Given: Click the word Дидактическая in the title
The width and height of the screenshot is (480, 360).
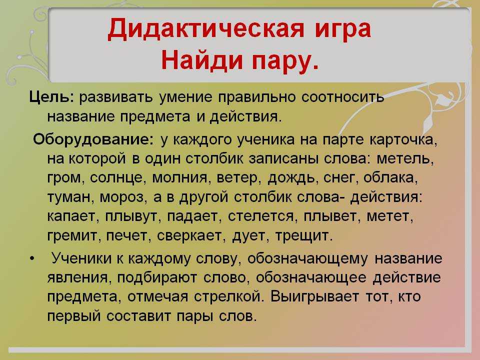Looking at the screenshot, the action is tap(206, 29).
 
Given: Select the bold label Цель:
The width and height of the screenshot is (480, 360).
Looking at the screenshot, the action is tap(51, 97).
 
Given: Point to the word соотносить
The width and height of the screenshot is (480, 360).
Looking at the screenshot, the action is tap(342, 97).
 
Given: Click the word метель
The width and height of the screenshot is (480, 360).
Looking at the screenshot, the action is tap(405, 158).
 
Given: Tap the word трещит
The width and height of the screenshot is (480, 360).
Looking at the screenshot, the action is tap(303, 236).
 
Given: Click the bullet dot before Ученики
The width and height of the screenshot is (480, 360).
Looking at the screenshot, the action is tap(32, 258).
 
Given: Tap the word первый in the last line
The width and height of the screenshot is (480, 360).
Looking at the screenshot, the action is tap(74, 316).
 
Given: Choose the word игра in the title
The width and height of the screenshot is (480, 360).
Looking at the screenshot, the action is tap(343, 29).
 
